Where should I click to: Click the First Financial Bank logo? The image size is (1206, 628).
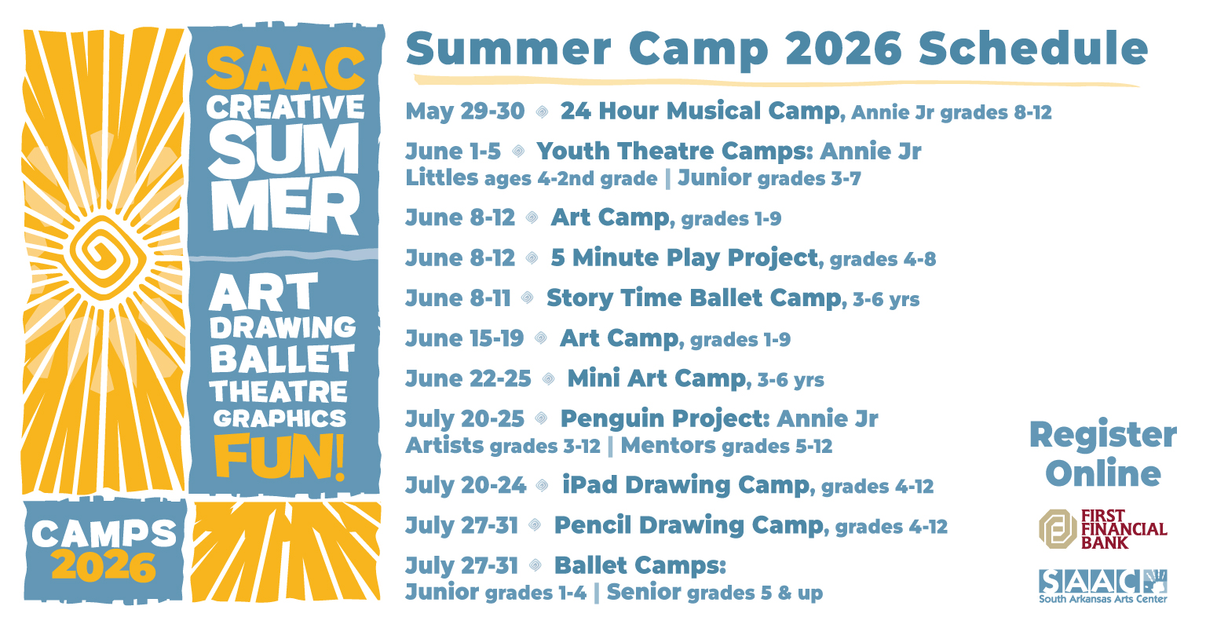(1102, 529)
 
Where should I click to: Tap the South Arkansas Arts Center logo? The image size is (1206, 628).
(1102, 586)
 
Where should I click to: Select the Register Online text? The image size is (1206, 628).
(1102, 454)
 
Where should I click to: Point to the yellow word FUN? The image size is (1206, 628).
(280, 457)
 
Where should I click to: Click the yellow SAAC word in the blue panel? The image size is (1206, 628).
(285, 68)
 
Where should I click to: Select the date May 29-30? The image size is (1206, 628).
(465, 111)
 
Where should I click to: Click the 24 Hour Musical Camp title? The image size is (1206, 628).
(700, 111)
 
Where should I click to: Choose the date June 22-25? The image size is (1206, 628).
(468, 378)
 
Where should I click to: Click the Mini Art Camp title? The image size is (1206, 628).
(656, 378)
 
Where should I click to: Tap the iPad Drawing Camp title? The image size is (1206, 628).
(686, 485)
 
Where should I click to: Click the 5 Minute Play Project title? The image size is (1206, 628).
(685, 257)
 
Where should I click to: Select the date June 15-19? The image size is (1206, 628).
(464, 338)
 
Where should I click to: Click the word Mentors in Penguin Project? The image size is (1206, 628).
(668, 446)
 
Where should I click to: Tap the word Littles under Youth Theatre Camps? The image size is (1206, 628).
(441, 177)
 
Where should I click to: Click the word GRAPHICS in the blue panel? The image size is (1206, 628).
(280, 418)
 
